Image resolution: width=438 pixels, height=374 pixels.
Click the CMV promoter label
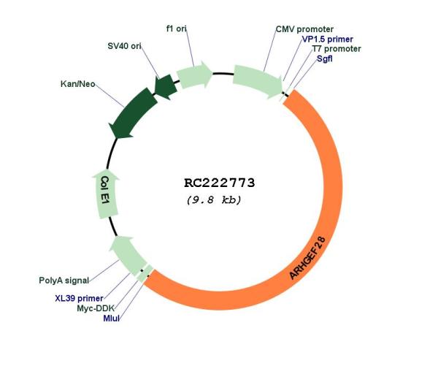click(304, 29)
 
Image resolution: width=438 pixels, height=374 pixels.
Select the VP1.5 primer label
click(327, 39)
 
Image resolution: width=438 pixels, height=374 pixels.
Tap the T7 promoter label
click(337, 49)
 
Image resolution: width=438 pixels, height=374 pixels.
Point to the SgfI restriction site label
click(325, 58)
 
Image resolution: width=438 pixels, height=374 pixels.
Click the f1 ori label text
click(176, 28)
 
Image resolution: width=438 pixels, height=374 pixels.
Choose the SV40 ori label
click(124, 46)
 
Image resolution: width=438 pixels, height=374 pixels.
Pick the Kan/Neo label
click(78, 84)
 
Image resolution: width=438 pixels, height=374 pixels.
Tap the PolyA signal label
click(64, 280)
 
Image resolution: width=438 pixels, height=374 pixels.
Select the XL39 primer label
click(79, 299)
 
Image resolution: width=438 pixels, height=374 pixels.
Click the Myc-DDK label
click(96, 308)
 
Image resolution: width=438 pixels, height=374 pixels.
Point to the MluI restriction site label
click(111, 318)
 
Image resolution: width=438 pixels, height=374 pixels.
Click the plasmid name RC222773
click(220, 183)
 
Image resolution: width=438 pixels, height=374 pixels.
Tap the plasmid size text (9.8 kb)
click(214, 200)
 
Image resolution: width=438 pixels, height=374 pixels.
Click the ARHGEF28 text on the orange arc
click(307, 258)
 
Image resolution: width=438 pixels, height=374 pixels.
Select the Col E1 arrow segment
click(106, 194)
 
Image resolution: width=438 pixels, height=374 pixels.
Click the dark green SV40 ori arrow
click(166, 86)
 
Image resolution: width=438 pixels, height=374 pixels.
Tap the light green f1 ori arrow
click(195, 75)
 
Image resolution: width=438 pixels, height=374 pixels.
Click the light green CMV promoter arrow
click(258, 81)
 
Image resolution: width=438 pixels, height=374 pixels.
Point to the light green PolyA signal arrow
click(128, 253)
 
